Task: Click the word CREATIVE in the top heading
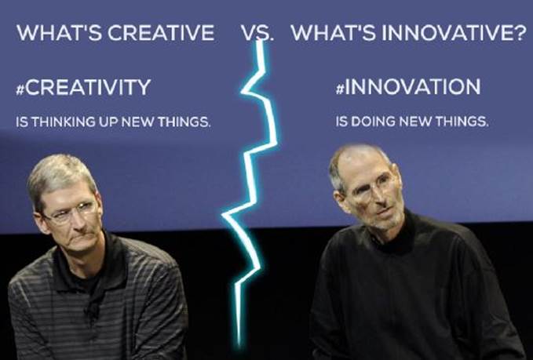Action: tap(162, 33)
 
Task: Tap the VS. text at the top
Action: tap(257, 33)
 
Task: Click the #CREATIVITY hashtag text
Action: tap(83, 87)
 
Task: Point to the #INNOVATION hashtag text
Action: tap(408, 86)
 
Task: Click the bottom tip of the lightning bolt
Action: tap(239, 345)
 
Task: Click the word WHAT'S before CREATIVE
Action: tap(59, 33)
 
